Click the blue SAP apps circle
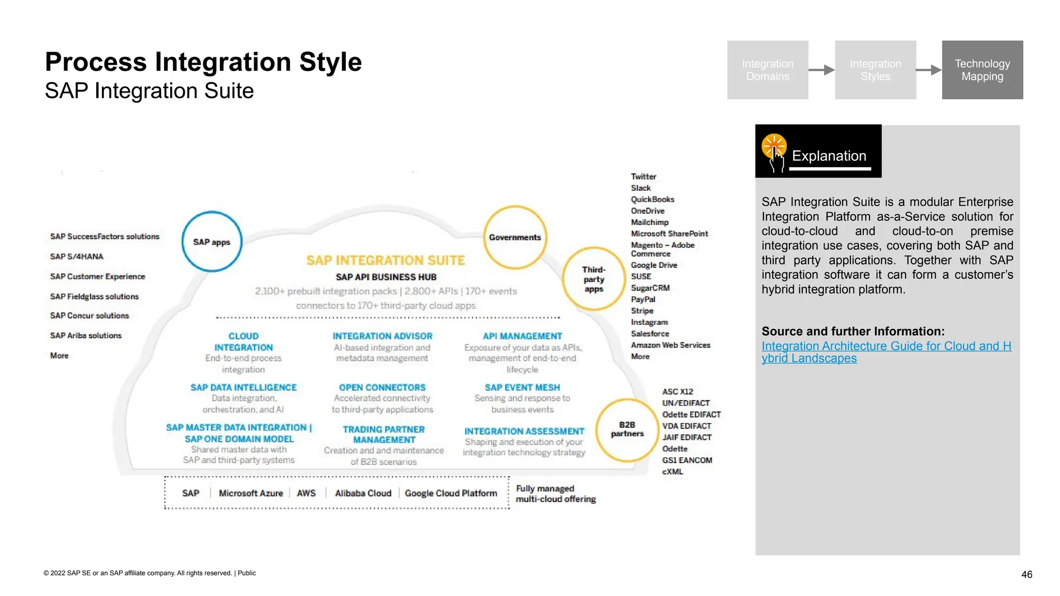212,242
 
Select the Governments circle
515,237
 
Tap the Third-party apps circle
594,279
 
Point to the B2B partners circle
627,429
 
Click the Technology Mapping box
982,70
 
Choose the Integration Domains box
768,70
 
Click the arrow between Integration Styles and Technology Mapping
929,70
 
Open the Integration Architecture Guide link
886,352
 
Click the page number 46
1027,574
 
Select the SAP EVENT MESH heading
522,388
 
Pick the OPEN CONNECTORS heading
382,388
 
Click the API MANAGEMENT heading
522,336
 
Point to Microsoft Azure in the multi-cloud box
251,493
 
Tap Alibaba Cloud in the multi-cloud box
363,493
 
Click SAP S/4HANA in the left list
77,257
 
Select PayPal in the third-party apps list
643,300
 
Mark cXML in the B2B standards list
672,472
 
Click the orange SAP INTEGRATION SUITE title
386,260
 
